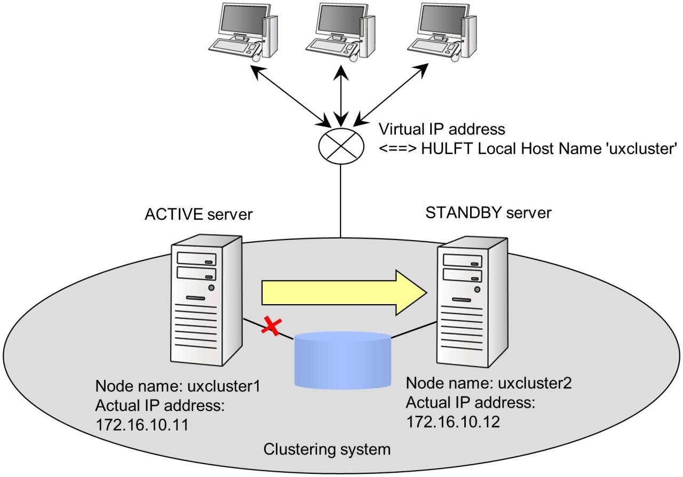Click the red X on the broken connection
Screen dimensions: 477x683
point(271,326)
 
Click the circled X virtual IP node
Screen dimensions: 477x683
point(341,144)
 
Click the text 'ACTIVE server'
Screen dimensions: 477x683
point(198,214)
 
